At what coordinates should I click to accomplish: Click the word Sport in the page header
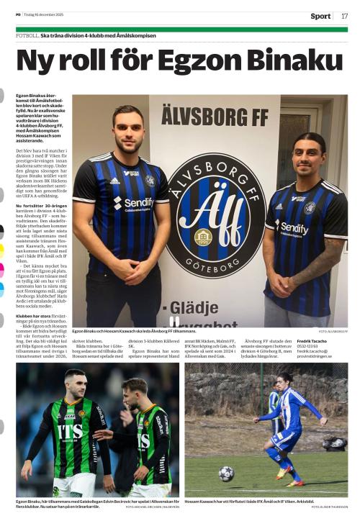click(x=320, y=16)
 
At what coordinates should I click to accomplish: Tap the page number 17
click(x=344, y=16)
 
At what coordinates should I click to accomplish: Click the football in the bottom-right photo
click(x=226, y=473)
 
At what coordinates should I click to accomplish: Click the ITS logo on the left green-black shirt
click(x=70, y=433)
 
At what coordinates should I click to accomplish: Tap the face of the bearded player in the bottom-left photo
click(x=75, y=384)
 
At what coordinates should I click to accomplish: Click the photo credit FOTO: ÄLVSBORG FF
click(x=333, y=331)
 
